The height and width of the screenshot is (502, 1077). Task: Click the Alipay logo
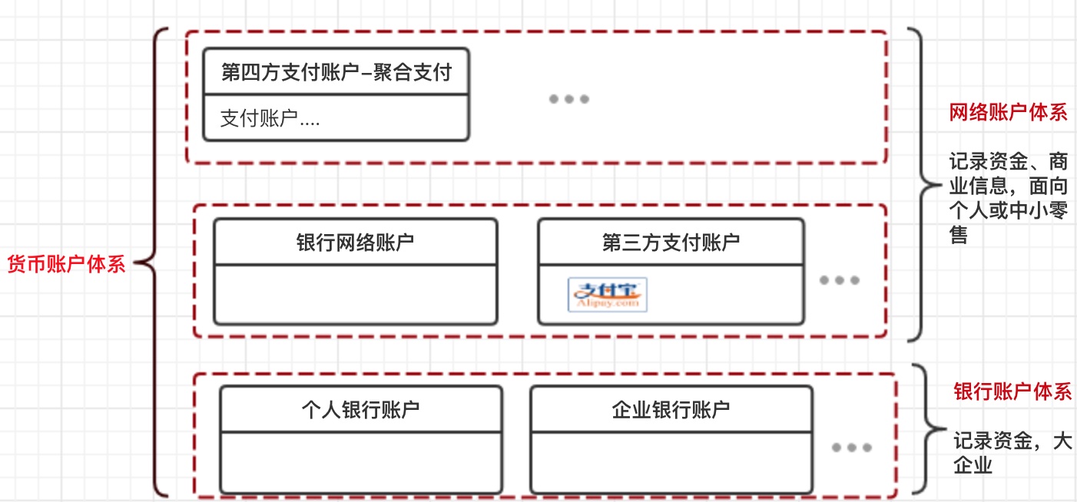coord(608,296)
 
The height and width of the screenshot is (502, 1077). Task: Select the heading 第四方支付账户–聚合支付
coord(336,73)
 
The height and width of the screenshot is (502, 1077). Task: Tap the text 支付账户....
coord(270,119)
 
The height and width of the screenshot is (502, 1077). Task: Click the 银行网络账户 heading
coord(355,243)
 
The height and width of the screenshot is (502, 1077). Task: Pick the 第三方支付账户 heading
coord(671,243)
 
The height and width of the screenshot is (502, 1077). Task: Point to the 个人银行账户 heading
coord(360,409)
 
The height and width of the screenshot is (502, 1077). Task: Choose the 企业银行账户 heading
coord(671,409)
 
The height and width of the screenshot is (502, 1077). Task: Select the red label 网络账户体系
coord(1008,113)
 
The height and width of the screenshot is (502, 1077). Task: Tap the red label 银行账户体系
coord(1012,391)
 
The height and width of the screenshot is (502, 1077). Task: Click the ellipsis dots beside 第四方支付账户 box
coord(569,99)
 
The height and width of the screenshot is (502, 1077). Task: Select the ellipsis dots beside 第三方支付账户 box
coord(839,280)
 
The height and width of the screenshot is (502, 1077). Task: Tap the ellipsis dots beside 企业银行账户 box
coord(850,448)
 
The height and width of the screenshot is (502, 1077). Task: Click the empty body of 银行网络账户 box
coord(355,295)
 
